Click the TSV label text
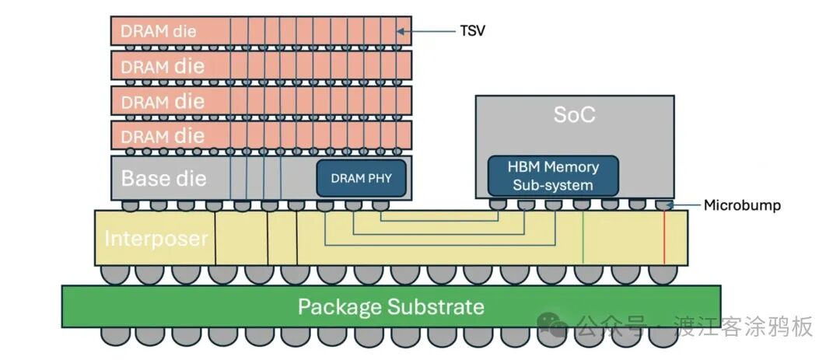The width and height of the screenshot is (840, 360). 472,32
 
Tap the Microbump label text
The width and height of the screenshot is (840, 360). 741,206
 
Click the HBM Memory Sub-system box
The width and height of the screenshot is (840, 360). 553,177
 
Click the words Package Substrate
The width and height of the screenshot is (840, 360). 390,306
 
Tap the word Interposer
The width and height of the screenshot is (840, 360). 156,238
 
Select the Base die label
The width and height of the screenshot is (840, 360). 163,178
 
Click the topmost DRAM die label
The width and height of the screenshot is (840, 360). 159,32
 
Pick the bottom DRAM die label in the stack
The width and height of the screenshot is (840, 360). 163,136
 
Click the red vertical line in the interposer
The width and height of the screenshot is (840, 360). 664,237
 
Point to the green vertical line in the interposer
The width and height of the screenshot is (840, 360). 583,237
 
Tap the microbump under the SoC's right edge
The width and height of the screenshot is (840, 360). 663,204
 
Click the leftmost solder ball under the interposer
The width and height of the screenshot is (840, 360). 112,274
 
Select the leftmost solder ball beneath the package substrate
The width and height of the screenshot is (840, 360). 112,336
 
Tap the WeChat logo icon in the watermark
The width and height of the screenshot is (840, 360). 555,326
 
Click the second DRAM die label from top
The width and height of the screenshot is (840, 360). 163,67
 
